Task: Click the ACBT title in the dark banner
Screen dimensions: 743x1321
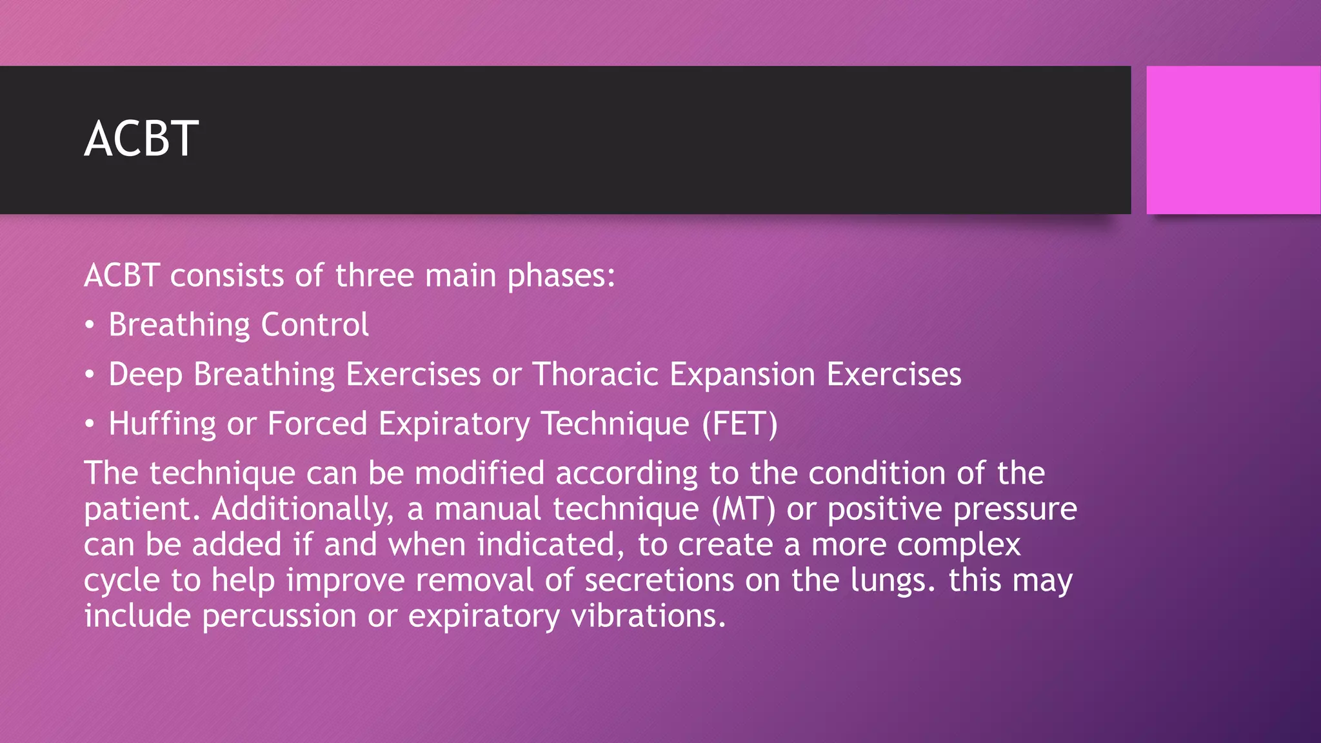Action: (x=141, y=139)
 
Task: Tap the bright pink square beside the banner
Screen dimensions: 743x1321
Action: (x=1233, y=140)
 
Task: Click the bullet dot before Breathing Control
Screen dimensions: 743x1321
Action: (x=90, y=324)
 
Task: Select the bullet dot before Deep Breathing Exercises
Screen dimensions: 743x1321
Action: (x=90, y=374)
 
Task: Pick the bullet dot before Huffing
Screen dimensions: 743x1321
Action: (x=90, y=424)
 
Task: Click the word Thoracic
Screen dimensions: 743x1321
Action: (x=595, y=374)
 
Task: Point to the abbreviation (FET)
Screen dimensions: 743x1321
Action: (x=740, y=424)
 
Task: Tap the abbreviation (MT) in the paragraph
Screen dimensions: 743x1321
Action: (x=743, y=508)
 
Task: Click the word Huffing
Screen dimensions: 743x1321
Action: (x=162, y=424)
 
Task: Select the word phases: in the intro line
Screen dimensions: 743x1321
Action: (x=561, y=276)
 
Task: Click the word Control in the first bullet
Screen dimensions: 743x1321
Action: (x=315, y=324)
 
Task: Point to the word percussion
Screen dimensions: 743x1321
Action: (x=279, y=616)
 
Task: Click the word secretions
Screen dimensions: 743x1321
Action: (x=659, y=580)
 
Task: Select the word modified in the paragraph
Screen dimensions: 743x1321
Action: (x=479, y=473)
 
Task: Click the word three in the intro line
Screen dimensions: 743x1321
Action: (x=374, y=276)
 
